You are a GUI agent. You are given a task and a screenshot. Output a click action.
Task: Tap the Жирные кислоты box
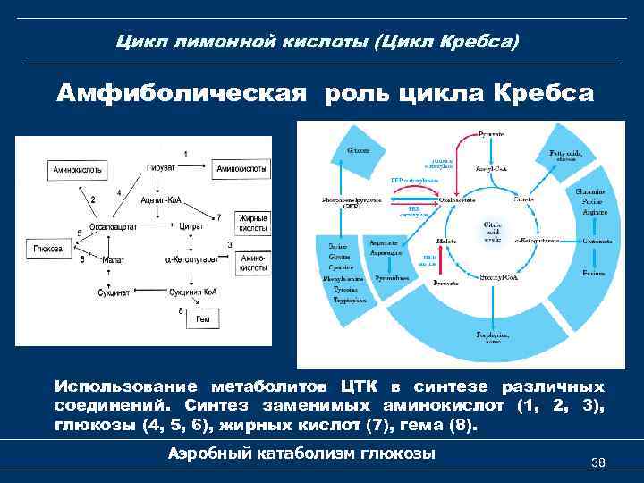[x=253, y=223]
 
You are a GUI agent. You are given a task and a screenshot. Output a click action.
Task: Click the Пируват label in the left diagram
[x=161, y=167]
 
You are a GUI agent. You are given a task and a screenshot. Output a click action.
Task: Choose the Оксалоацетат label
[x=113, y=227]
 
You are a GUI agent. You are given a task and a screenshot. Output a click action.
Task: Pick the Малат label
[x=113, y=259]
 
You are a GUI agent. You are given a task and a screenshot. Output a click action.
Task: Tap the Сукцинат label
[x=114, y=292]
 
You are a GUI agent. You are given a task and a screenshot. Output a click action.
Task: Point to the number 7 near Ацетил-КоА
[x=218, y=217]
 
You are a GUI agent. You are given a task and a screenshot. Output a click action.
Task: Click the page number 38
[x=598, y=463]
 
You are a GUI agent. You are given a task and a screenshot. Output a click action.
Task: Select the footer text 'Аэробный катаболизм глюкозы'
[x=301, y=453]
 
